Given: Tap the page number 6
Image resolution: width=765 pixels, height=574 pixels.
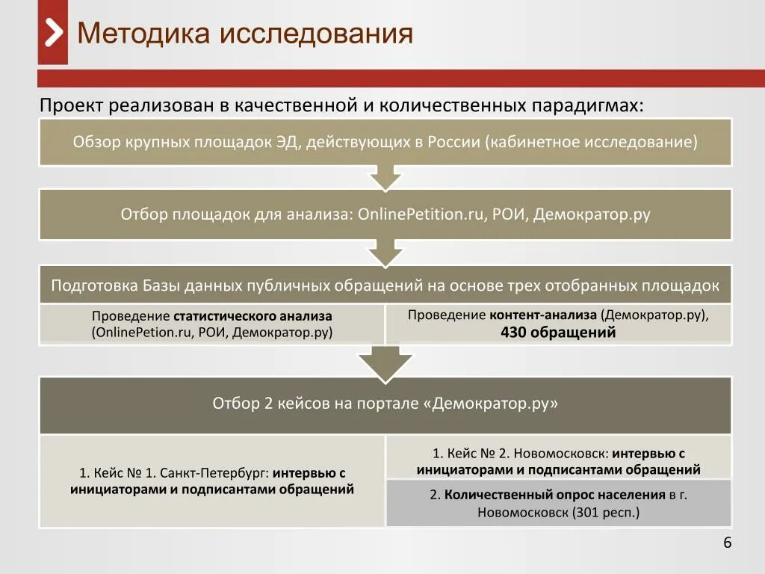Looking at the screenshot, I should [x=727, y=543].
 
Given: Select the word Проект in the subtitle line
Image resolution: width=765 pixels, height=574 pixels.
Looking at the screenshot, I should [x=71, y=105].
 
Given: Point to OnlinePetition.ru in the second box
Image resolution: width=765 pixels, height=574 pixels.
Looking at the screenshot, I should [x=422, y=215].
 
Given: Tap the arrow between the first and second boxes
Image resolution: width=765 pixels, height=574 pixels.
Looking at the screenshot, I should [x=385, y=178].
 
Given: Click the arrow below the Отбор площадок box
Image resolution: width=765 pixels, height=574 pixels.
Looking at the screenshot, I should [x=385, y=253].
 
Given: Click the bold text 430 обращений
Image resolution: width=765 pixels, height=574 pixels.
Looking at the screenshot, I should [x=558, y=333].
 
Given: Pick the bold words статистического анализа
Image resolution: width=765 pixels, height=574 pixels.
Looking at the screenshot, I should [x=253, y=316].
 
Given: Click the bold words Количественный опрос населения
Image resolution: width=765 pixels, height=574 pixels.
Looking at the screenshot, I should [x=554, y=495].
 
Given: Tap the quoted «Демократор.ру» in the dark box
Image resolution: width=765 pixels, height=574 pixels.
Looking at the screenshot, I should [x=491, y=404].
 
